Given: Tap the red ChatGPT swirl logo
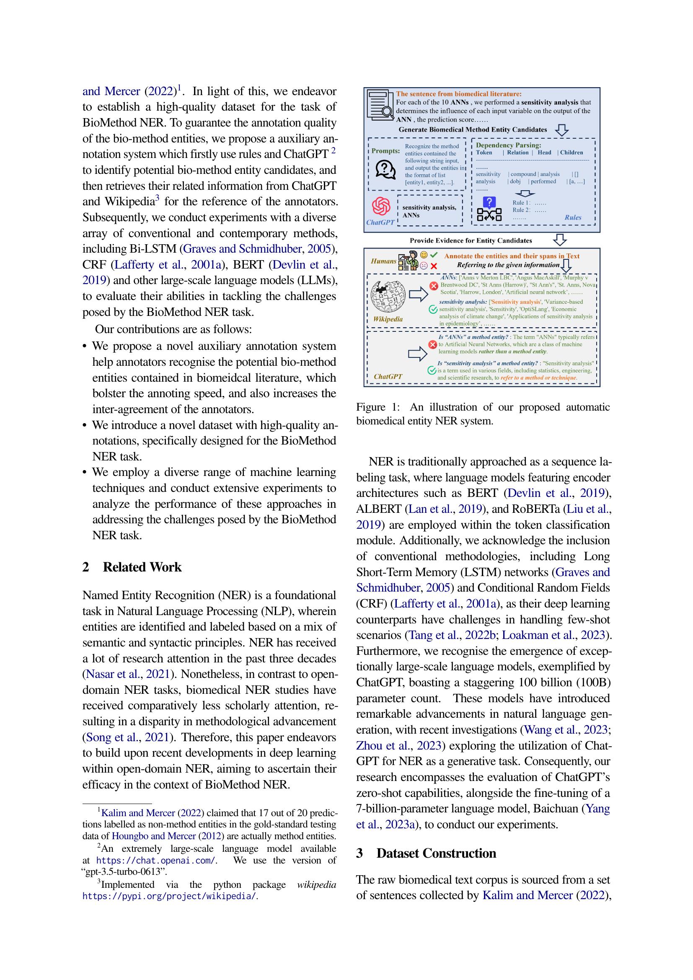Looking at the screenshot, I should point(380,207).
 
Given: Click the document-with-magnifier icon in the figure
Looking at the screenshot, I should point(380,104).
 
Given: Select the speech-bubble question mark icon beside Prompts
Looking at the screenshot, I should point(385,169).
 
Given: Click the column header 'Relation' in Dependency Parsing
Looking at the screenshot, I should point(517,153).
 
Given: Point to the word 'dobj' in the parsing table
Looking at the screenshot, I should point(515,181).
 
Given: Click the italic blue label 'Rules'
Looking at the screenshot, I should point(573,217).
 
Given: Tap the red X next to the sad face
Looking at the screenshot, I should point(434,266).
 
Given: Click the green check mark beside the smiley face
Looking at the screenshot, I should point(434,255).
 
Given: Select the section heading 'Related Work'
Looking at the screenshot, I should point(142,567).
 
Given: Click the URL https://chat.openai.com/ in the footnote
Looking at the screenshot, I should point(156,860).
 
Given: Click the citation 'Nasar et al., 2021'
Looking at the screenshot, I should point(128,674).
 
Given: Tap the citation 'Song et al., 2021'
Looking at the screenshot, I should point(128,737).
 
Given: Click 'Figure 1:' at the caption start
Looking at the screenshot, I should point(378,407).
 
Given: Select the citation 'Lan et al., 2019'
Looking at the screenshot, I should point(445,509).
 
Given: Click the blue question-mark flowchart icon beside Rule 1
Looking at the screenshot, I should point(489,209).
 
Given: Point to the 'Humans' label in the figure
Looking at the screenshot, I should point(383,261).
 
